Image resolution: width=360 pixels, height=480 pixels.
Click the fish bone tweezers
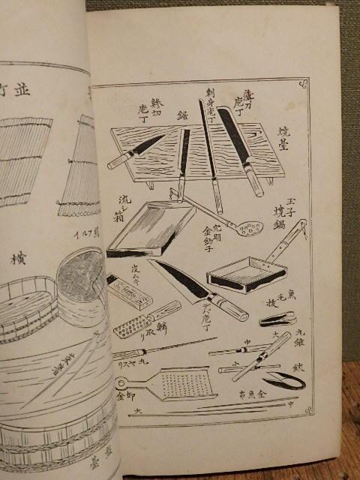[277, 320]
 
